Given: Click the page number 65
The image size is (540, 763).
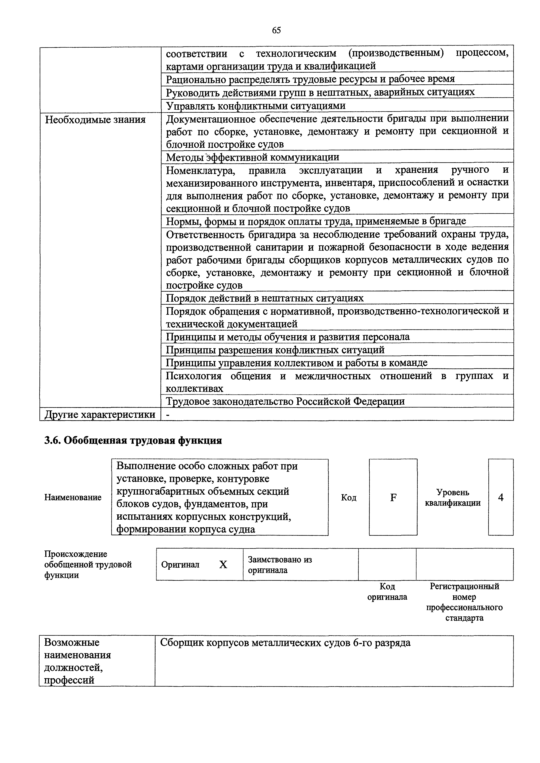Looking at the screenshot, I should pyautogui.click(x=276, y=30).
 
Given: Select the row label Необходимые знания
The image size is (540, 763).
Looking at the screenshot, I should pyautogui.click(x=95, y=120).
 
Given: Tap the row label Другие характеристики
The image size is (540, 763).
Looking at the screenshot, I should pyautogui.click(x=100, y=414).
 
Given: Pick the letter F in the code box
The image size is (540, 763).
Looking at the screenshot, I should pyautogui.click(x=393, y=497).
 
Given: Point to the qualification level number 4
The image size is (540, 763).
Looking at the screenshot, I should pyautogui.click(x=501, y=497).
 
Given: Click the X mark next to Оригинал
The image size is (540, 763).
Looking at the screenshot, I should pyautogui.click(x=223, y=565).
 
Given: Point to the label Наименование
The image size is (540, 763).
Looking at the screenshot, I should pyautogui.click(x=73, y=497).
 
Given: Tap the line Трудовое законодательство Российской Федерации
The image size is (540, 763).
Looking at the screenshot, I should pyautogui.click(x=285, y=402).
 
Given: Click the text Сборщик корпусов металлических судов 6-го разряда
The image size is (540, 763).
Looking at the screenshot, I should pyautogui.click(x=285, y=643).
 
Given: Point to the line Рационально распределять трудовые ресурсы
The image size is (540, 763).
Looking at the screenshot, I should pyautogui.click(x=310, y=79).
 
